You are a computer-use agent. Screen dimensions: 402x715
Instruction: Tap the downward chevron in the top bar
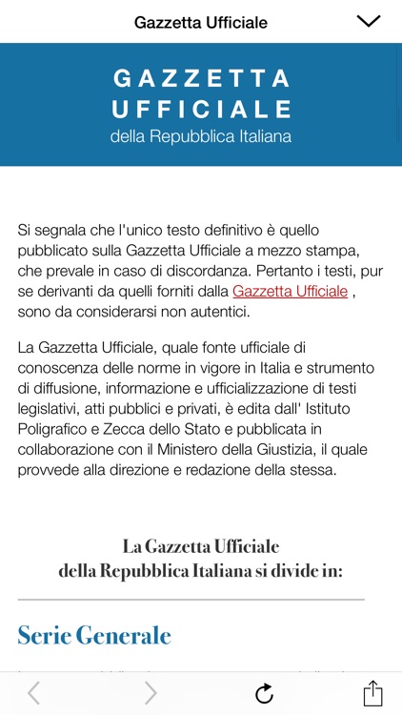tap(368, 21)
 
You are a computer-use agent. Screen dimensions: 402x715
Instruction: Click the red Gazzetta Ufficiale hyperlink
tap(290, 292)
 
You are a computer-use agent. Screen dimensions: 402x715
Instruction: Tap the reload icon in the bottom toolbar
tap(264, 693)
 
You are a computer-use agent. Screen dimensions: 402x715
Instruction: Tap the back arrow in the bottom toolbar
tap(34, 693)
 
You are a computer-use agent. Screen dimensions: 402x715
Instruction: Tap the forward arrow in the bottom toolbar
tap(151, 693)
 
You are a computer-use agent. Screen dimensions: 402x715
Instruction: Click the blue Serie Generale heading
tap(94, 635)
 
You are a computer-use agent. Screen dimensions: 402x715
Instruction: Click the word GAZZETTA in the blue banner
tap(201, 78)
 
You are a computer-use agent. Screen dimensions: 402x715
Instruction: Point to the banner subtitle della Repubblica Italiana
tap(201, 136)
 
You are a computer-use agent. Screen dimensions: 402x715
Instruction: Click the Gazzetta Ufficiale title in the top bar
tap(201, 22)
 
